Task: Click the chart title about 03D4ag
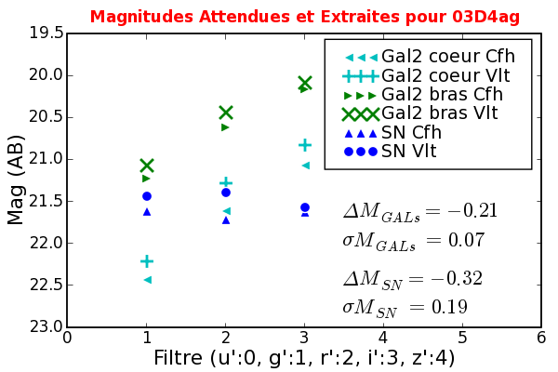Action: pos(304,16)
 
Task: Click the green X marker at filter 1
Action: pos(147,166)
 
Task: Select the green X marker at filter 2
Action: pos(226,113)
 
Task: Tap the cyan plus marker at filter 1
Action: pos(147,261)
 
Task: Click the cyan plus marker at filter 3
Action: pos(305,145)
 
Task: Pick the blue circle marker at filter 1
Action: pos(147,196)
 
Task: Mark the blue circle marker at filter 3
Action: pos(305,207)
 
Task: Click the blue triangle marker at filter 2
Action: pos(226,220)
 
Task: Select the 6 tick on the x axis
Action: pos(541,339)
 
